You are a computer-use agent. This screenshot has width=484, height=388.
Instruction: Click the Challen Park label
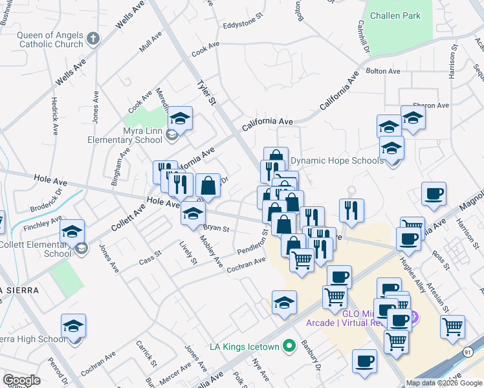tap(395, 16)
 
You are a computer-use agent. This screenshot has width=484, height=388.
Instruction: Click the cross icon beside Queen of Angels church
tap(93, 38)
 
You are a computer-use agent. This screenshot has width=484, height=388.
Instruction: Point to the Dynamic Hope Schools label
tap(336, 160)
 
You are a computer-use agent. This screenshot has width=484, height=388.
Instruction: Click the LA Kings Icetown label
tap(245, 347)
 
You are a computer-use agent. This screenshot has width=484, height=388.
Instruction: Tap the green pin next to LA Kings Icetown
tap(289, 347)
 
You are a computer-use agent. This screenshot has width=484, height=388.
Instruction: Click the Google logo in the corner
tap(21, 380)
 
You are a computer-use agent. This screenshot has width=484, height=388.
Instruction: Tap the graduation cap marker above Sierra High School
tap(74, 326)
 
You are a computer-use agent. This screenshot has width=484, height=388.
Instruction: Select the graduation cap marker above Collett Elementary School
tap(73, 232)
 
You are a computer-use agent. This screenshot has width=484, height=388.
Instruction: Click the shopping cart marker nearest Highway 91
tap(452, 326)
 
